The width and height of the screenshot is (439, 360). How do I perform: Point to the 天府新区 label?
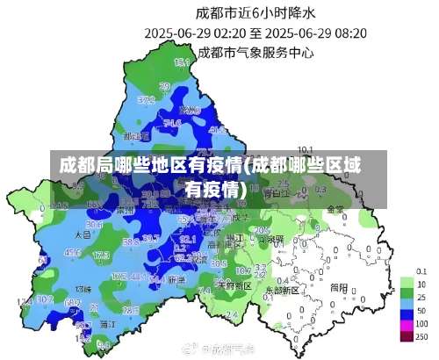[x=234, y=285]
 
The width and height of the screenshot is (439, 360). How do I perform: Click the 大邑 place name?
[x=83, y=235]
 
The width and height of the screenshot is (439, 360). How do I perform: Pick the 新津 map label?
[x=176, y=279]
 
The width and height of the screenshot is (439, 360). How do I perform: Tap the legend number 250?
[x=422, y=336]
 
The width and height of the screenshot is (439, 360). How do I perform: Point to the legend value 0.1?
[x=421, y=270]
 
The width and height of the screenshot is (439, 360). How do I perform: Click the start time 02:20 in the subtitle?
[x=227, y=33]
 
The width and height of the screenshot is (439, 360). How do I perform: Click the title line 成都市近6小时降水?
[x=255, y=13]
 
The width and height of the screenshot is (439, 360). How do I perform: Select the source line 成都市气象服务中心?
[x=255, y=52]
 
